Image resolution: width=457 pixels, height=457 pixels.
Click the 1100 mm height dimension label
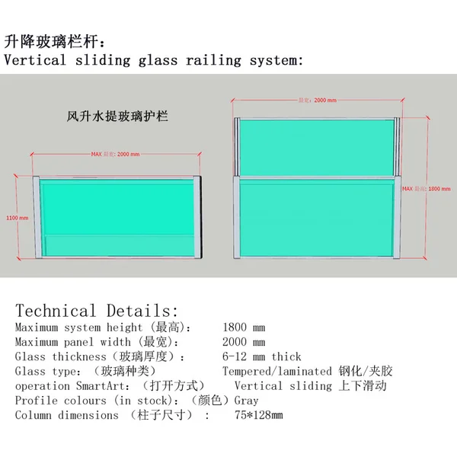(x=18, y=217)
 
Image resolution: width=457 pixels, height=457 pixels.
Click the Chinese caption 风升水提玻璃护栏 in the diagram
(x=117, y=117)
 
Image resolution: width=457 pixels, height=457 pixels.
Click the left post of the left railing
(x=35, y=217)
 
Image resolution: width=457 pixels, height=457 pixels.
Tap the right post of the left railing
(x=200, y=217)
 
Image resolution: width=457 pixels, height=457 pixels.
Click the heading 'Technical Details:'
(x=97, y=311)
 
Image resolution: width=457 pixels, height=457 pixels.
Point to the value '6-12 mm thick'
(x=261, y=356)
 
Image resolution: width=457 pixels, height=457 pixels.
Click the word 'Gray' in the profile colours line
(x=246, y=401)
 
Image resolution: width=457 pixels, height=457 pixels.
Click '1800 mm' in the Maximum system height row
(x=244, y=328)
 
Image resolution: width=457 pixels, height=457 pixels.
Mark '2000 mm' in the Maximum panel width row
(x=244, y=342)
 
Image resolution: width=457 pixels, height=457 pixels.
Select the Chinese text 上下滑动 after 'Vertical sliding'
(x=363, y=386)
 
